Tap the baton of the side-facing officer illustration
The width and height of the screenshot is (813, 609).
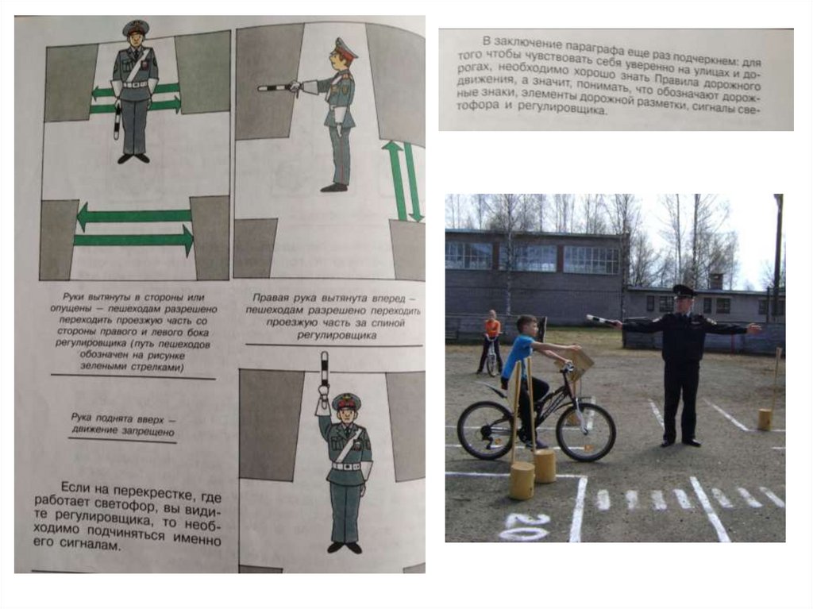point(277,87)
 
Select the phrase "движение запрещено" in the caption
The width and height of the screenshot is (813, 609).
point(123,432)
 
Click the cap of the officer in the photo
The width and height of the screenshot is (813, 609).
point(684,291)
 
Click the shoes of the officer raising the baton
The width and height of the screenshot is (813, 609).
point(345,547)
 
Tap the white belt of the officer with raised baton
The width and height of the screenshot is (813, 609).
point(346,466)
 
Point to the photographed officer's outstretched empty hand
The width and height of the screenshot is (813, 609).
point(754,328)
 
